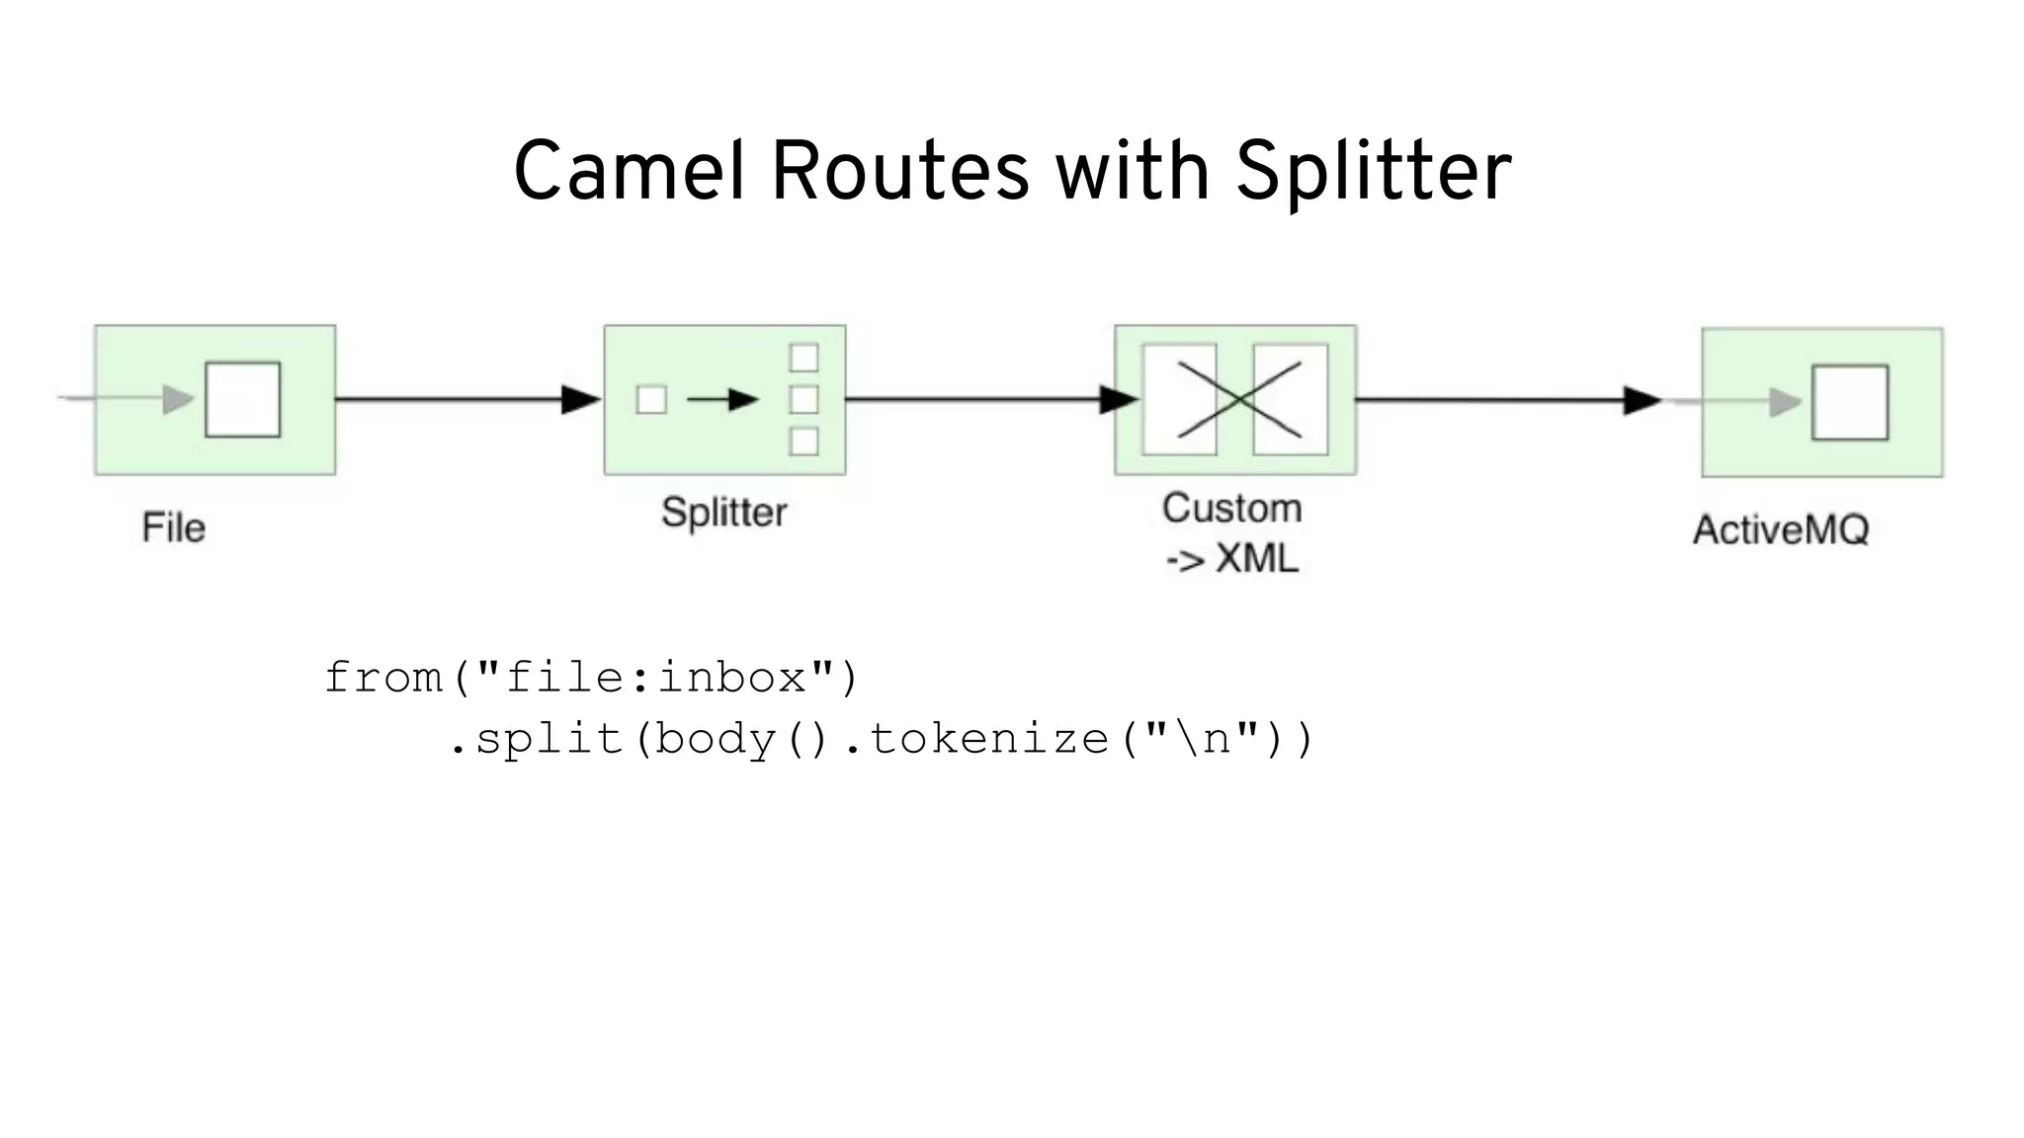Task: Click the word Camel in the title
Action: pyautogui.click(x=629, y=172)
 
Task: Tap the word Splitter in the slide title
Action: pyautogui.click(x=1373, y=172)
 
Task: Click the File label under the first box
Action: pyautogui.click(x=174, y=528)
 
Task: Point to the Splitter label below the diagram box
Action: pyautogui.click(x=723, y=513)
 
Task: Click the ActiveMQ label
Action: pyautogui.click(x=1781, y=530)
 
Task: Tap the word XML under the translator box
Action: pyautogui.click(x=1256, y=559)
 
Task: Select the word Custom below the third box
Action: pyautogui.click(x=1231, y=509)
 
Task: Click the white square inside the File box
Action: pyautogui.click(x=242, y=399)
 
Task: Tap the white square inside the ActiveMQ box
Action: pyautogui.click(x=1849, y=402)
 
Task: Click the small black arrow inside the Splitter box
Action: pyautogui.click(x=722, y=399)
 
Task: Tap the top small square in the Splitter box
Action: pyautogui.click(x=803, y=357)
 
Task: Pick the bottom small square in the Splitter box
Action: pyautogui.click(x=803, y=442)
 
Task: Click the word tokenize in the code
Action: pyautogui.click(x=989, y=739)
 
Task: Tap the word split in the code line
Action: pyautogui.click(x=549, y=739)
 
